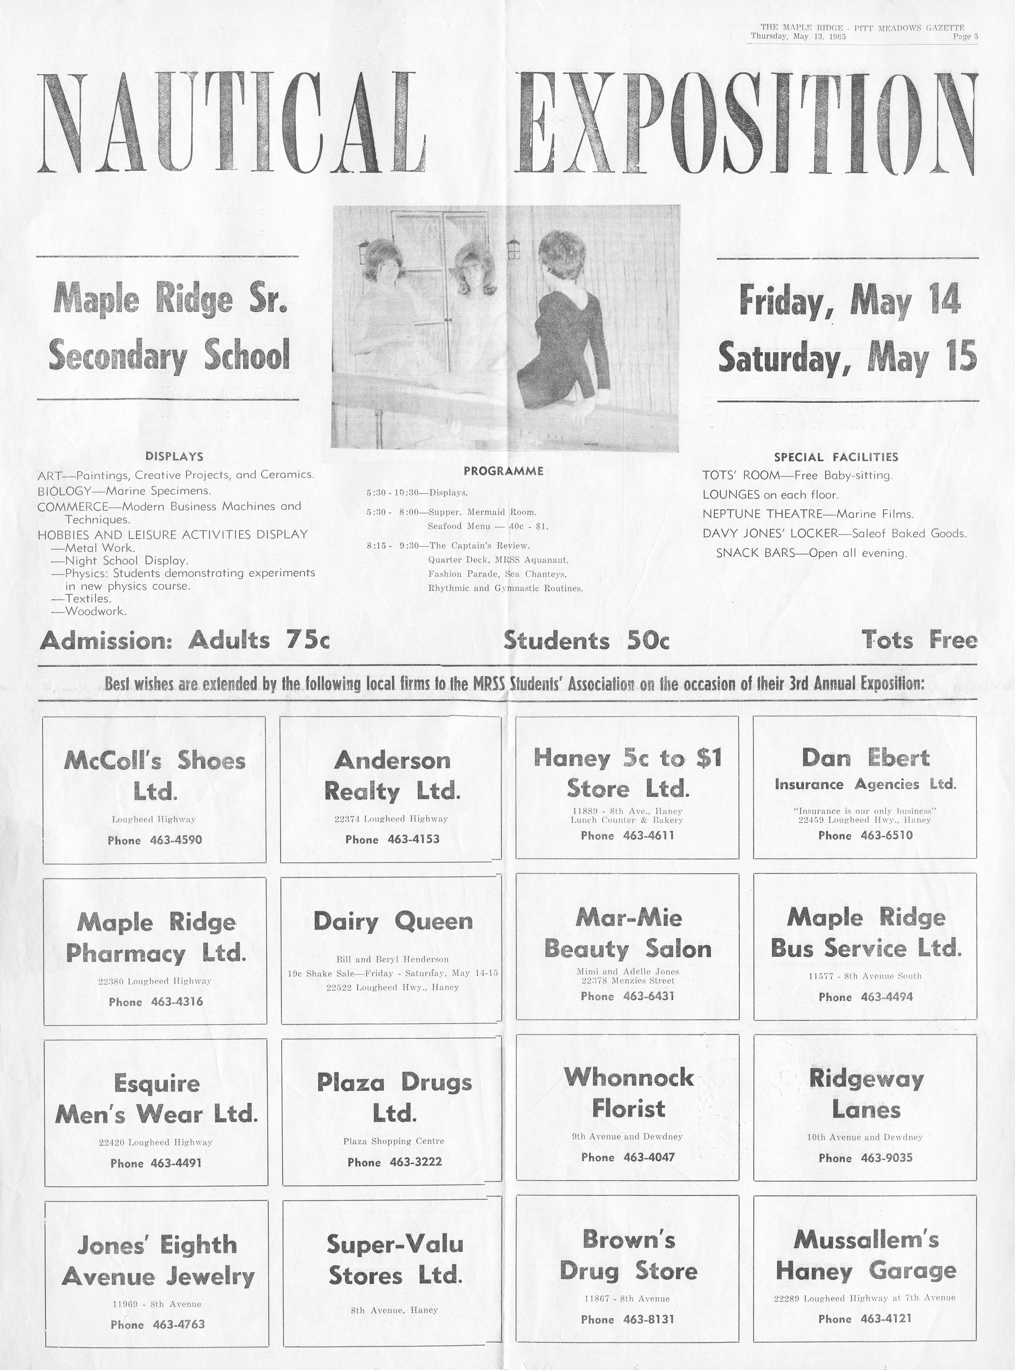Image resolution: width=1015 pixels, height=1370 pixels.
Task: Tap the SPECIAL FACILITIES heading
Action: click(x=836, y=457)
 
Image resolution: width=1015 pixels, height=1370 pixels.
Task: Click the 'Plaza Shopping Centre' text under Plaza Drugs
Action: click(x=393, y=1141)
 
